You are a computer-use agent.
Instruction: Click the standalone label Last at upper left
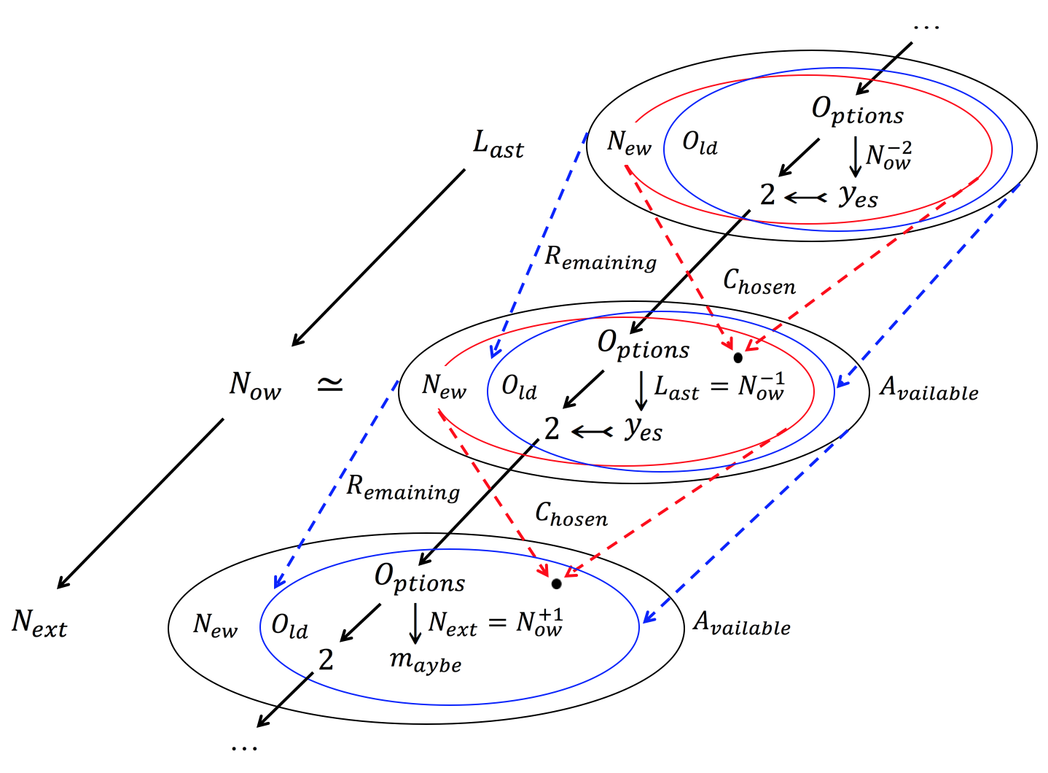click(498, 144)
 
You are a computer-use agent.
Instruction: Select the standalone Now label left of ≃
click(255, 385)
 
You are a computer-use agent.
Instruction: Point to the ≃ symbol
click(330, 384)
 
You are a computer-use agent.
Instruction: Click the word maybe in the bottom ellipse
click(426, 661)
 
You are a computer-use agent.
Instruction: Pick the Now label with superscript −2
click(888, 156)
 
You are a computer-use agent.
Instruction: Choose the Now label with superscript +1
click(539, 623)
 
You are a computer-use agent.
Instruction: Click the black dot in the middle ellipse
click(738, 358)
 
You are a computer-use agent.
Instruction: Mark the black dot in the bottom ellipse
click(556, 584)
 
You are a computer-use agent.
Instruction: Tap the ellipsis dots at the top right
click(926, 27)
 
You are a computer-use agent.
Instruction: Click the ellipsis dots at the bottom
click(244, 747)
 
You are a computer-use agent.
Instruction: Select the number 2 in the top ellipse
click(767, 195)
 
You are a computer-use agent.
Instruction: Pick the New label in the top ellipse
click(629, 142)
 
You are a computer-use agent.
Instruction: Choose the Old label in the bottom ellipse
click(289, 626)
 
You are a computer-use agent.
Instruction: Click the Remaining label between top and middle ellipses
click(601, 258)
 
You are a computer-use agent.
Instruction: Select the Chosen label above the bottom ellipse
click(571, 514)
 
